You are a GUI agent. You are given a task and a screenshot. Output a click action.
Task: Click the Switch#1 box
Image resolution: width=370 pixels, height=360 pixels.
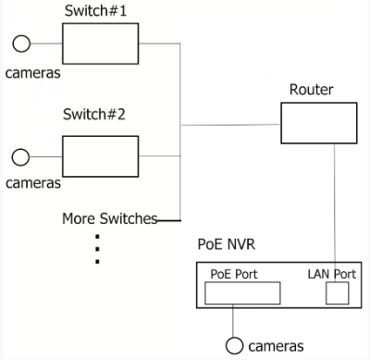[x=100, y=43]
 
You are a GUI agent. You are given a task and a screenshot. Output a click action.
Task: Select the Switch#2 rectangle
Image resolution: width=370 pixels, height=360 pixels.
[x=100, y=155]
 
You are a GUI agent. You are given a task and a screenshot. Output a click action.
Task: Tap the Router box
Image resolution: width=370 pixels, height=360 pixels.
[x=317, y=122]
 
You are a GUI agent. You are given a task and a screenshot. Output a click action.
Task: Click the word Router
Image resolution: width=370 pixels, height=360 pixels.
[x=311, y=90]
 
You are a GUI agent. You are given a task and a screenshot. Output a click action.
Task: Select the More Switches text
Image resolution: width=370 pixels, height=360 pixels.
[x=108, y=219]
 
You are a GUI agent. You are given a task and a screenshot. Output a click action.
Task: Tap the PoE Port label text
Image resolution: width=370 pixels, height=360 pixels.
[x=234, y=274]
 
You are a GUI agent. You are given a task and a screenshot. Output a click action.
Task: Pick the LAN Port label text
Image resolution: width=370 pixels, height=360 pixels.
[x=329, y=274]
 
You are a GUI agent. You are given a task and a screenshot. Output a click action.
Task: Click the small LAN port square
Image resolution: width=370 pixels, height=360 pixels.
[x=338, y=293]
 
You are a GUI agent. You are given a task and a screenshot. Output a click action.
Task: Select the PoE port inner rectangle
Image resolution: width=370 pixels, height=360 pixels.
[x=241, y=294]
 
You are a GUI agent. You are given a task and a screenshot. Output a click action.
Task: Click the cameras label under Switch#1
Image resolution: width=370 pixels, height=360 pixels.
[x=33, y=71]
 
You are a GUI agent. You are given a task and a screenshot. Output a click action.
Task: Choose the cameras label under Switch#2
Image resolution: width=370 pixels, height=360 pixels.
[x=33, y=182]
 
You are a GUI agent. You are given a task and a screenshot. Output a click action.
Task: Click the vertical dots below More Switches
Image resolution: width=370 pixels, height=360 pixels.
[x=97, y=248]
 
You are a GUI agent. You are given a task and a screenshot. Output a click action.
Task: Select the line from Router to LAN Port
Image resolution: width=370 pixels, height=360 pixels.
[x=334, y=204]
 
